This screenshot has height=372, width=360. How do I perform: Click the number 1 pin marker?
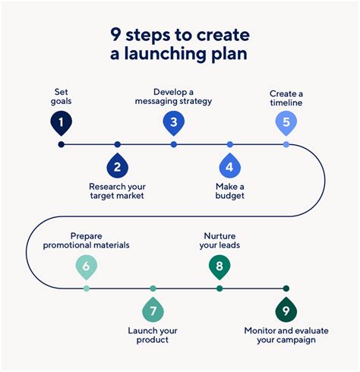click(x=62, y=121)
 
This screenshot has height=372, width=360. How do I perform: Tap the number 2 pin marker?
click(x=117, y=166)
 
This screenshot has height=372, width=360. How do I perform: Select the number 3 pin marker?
click(x=173, y=122)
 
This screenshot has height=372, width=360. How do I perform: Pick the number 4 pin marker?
click(x=229, y=166)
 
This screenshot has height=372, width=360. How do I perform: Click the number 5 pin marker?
click(x=286, y=122)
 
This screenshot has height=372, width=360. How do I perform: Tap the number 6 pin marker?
click(x=86, y=266)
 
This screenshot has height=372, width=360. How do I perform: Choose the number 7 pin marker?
click(x=153, y=310)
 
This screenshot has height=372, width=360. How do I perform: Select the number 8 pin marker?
click(x=219, y=266)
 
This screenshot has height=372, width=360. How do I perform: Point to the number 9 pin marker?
click(x=286, y=310)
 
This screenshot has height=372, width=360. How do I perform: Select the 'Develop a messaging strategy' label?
click(x=173, y=96)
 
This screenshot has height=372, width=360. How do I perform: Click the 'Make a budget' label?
click(x=229, y=190)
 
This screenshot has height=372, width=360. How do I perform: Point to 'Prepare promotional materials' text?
click(x=86, y=240)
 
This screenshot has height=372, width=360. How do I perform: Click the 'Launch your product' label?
click(x=153, y=334)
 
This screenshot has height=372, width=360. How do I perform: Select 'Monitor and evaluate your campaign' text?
click(x=280, y=335)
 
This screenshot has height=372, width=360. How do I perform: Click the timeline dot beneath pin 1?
click(x=62, y=144)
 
